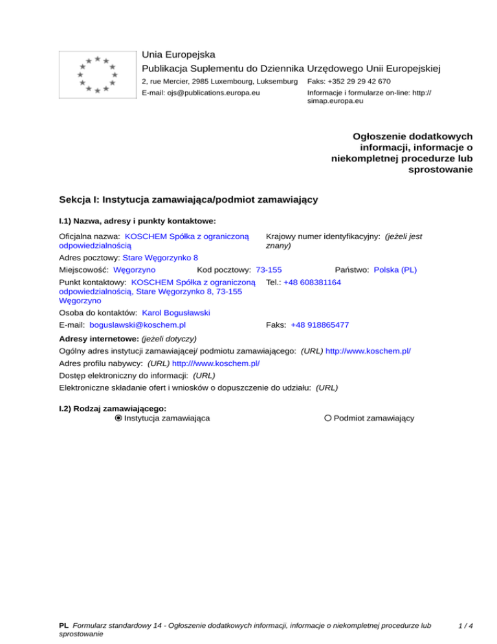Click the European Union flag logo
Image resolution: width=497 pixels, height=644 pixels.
97,74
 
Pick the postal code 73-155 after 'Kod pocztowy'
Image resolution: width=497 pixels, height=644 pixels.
269,270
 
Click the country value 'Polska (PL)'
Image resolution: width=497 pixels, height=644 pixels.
395,270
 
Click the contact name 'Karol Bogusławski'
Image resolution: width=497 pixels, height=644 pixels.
176,312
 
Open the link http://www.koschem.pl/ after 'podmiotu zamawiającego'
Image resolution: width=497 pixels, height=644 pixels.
368,350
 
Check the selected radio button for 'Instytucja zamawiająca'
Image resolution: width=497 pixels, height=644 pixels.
118,419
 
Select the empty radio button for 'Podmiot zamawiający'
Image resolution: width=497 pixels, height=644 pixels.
328,419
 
